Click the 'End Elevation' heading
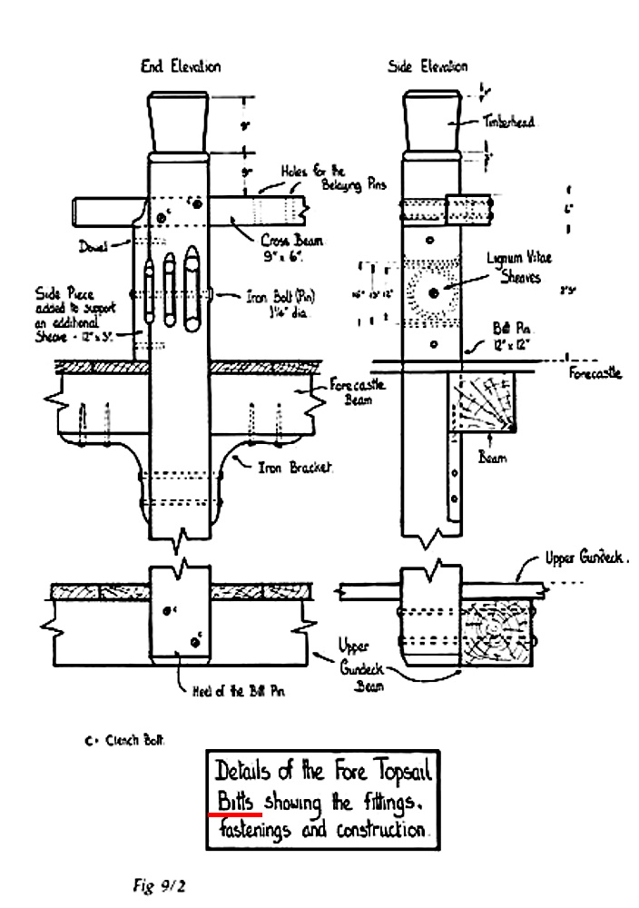[x=180, y=66]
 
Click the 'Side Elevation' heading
[x=428, y=66]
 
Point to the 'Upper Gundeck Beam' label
[x=360, y=665]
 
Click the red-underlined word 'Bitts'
[x=236, y=801]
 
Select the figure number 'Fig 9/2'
[x=156, y=883]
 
